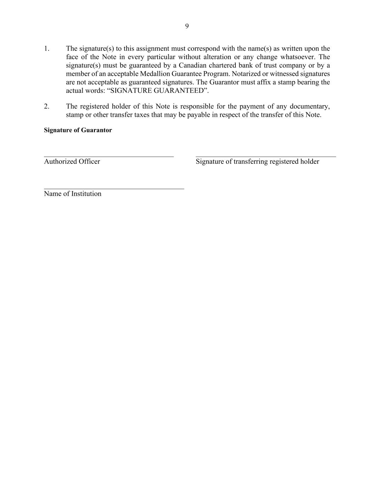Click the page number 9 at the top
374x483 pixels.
click(x=187, y=26)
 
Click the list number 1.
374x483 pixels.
click(x=46, y=48)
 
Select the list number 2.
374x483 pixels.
click(x=46, y=106)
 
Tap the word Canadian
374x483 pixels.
click(x=192, y=65)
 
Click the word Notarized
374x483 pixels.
click(x=246, y=74)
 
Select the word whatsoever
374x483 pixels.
click(x=297, y=57)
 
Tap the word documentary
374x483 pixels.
click(x=309, y=106)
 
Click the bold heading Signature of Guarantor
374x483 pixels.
click(x=78, y=130)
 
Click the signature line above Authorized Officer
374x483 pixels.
click(x=108, y=156)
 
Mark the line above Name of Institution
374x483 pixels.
click(x=114, y=189)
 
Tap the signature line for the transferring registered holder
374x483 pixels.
click(x=266, y=156)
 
